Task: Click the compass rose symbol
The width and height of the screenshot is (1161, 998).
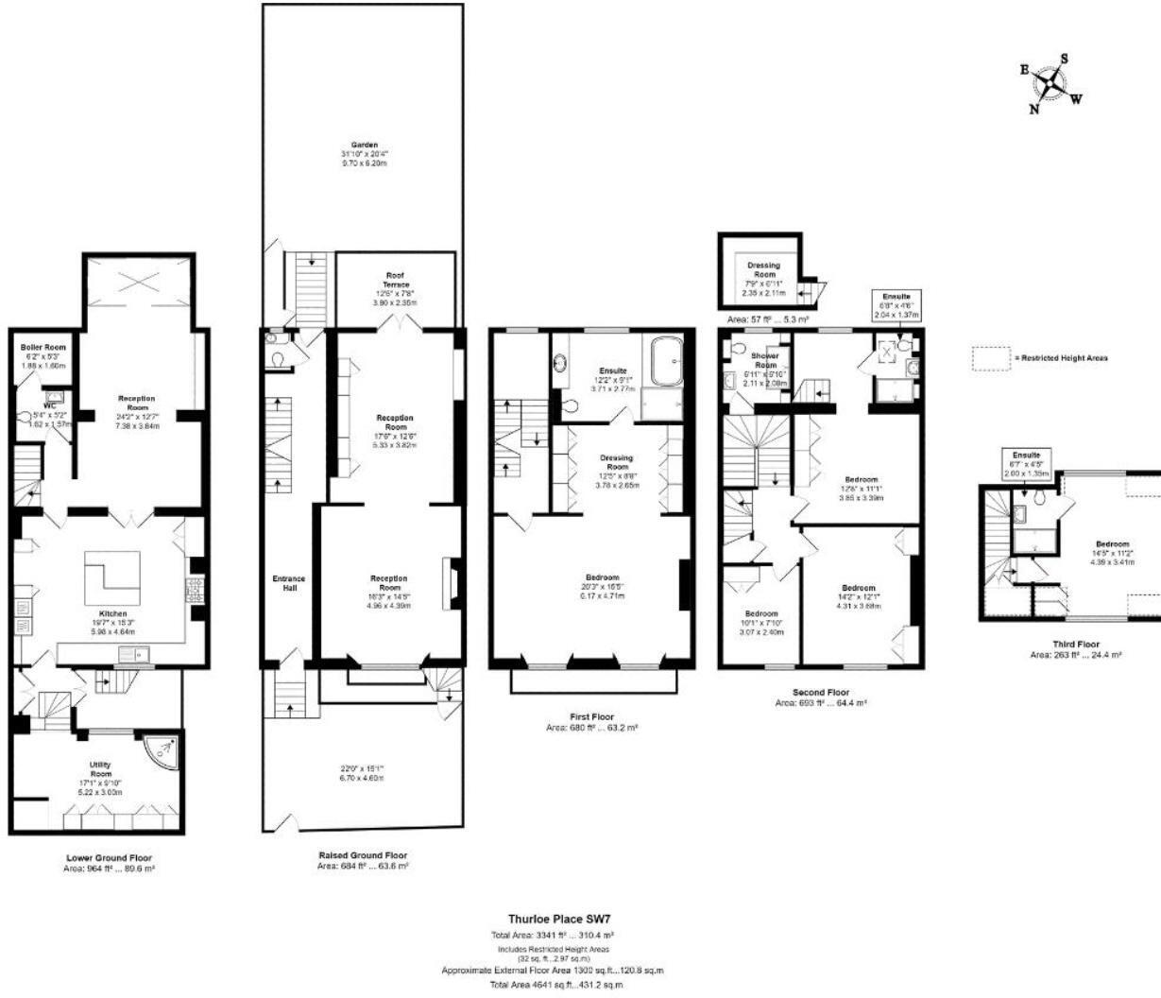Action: [1050, 83]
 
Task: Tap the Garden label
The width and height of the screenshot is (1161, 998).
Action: [364, 145]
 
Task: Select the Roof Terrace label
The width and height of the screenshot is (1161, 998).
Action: [394, 280]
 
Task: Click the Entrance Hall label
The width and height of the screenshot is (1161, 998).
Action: [289, 583]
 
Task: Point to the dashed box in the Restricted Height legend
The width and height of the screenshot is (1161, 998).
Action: [989, 358]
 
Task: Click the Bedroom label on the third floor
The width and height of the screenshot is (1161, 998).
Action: [1112, 544]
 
